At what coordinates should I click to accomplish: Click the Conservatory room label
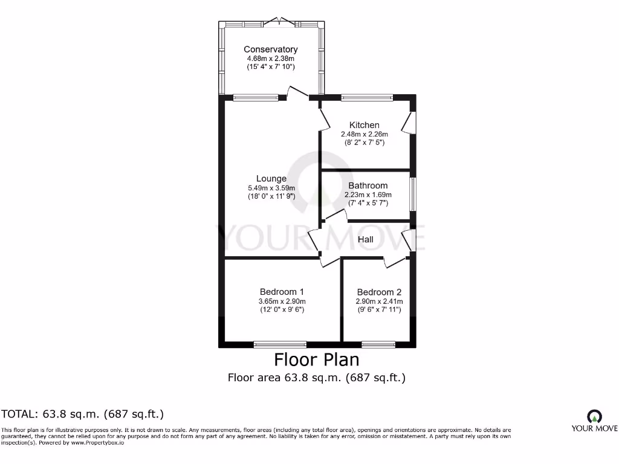pyautogui.click(x=270, y=50)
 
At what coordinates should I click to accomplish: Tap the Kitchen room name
pyautogui.click(x=364, y=125)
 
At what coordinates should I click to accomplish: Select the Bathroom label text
pyautogui.click(x=368, y=185)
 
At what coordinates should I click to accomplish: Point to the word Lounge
pyautogui.click(x=271, y=179)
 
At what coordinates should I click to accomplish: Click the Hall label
pyautogui.click(x=366, y=239)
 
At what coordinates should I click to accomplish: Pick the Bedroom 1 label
pyautogui.click(x=282, y=292)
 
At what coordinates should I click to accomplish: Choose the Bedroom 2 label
pyautogui.click(x=379, y=292)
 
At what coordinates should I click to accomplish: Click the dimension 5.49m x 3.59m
pyautogui.click(x=271, y=188)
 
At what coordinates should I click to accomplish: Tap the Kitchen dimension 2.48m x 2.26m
pyautogui.click(x=365, y=134)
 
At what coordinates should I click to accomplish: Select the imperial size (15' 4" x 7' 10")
pyautogui.click(x=271, y=66)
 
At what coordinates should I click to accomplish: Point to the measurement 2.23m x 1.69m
pyautogui.click(x=368, y=195)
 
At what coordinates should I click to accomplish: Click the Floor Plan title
pyautogui.click(x=317, y=360)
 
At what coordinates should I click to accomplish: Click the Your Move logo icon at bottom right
pyautogui.click(x=594, y=416)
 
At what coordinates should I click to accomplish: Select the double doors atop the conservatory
pyautogui.click(x=279, y=22)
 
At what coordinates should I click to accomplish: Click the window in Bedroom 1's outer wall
pyautogui.click(x=280, y=344)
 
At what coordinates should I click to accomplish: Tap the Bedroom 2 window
pyautogui.click(x=378, y=344)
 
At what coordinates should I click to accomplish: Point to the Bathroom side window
pyautogui.click(x=412, y=194)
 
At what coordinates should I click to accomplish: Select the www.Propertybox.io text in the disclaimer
pyautogui.click(x=97, y=443)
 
